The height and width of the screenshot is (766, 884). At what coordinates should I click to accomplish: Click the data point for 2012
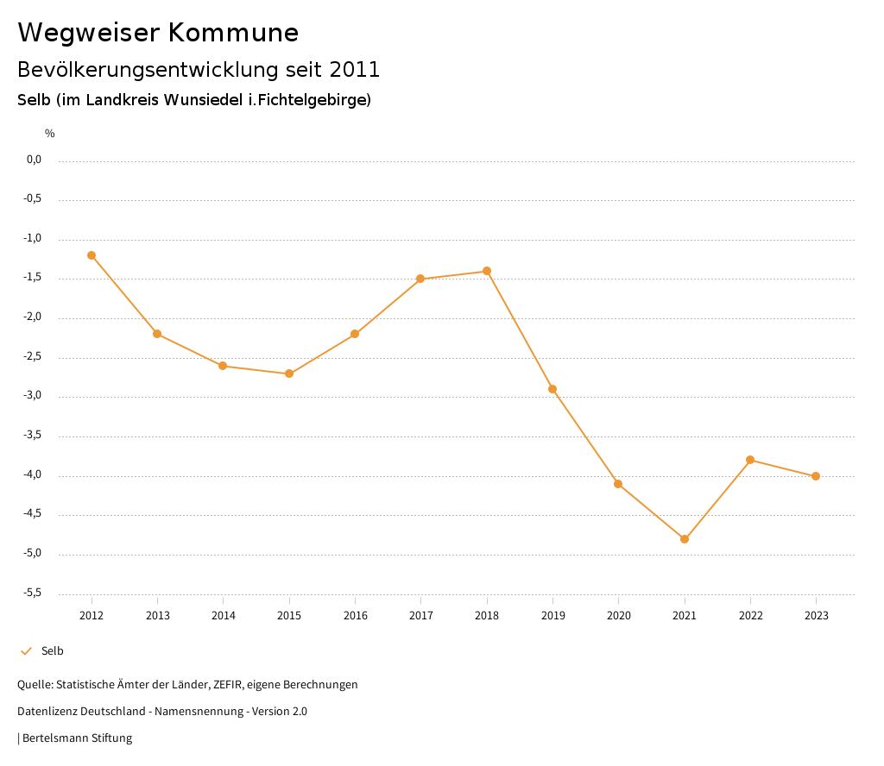(92, 255)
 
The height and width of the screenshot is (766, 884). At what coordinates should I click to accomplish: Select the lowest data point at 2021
(685, 539)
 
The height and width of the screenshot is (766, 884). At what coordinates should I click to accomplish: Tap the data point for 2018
(487, 271)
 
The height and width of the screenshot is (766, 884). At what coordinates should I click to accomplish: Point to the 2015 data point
(289, 374)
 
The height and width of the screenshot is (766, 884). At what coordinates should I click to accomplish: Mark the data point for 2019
(552, 389)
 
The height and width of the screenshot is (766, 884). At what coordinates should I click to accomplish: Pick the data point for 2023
(816, 476)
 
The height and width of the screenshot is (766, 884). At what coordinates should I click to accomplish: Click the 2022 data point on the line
(750, 460)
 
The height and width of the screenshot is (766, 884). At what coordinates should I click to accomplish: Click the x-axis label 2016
(355, 616)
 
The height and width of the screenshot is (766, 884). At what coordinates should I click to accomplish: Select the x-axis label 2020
(619, 616)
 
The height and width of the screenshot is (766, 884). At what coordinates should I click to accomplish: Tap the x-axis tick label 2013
(157, 616)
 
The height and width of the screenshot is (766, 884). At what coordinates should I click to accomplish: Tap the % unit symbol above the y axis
(50, 134)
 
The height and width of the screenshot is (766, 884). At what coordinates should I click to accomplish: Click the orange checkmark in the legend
(26, 651)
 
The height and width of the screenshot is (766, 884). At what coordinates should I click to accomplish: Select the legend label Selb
(53, 651)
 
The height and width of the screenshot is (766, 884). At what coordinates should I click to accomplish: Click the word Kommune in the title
(233, 33)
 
